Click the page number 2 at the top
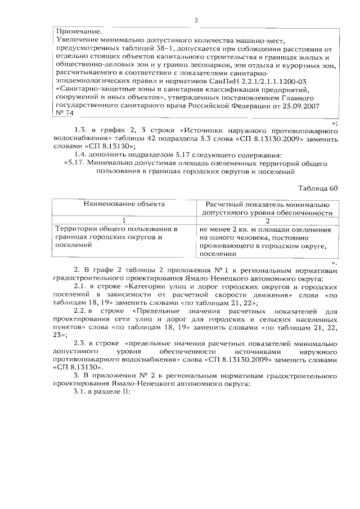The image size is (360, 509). click(196, 21)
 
